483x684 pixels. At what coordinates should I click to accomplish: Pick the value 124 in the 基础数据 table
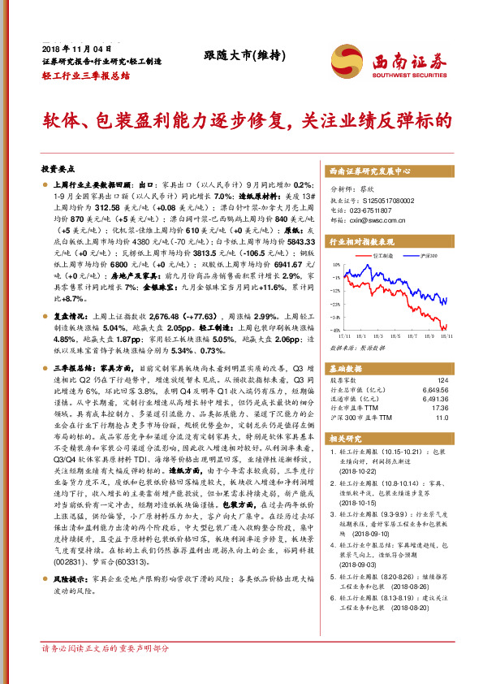(442, 380)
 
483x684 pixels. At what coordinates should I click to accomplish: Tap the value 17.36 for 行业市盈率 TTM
(440, 408)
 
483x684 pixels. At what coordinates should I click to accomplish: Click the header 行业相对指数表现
(360, 242)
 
